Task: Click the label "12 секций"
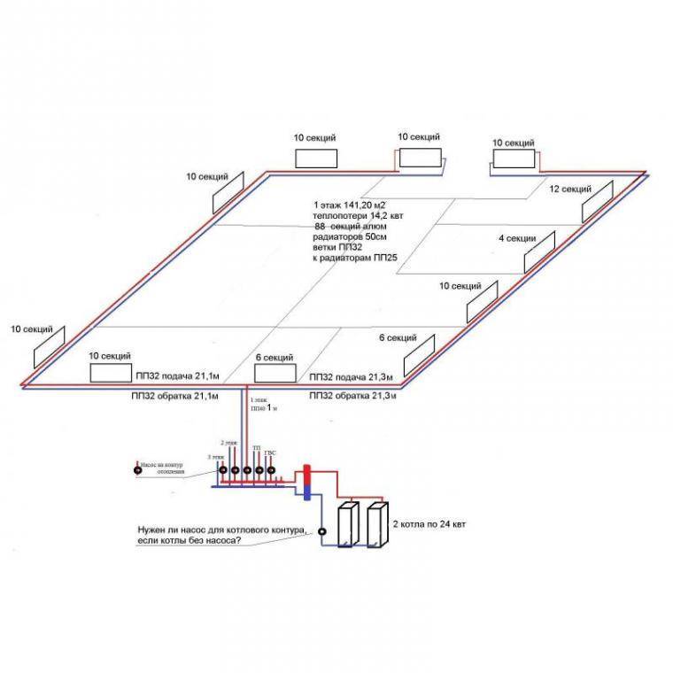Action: [x=570, y=190]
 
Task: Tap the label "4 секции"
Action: [x=515, y=238]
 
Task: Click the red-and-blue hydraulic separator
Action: [x=305, y=479]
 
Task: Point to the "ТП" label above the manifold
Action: [x=257, y=449]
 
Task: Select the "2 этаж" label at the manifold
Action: [x=228, y=442]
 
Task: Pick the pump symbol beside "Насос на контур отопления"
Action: [x=137, y=470]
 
